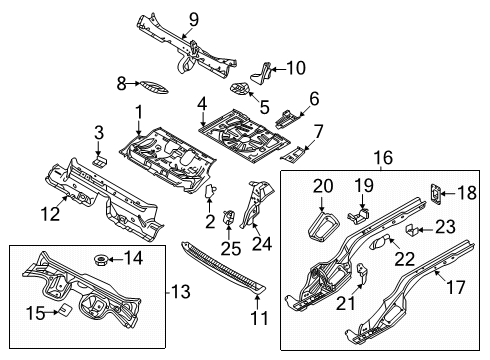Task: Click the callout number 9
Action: pos(193,19)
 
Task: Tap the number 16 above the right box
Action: pos(383,157)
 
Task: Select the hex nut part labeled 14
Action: pos(100,260)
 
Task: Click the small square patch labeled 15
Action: pos(65,310)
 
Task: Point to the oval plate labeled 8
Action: pos(154,87)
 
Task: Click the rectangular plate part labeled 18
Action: pos(435,193)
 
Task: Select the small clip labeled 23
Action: pos(411,230)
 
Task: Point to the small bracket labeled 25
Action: pos(228,217)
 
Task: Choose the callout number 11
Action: pos(259,318)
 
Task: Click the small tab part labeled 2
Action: pos(210,191)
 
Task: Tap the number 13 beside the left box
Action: pos(181,291)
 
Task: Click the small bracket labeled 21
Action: pos(362,272)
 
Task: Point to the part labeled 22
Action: pos(380,242)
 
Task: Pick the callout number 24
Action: pos(262,243)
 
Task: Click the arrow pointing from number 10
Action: pos(278,69)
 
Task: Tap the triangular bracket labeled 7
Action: pos(294,154)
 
